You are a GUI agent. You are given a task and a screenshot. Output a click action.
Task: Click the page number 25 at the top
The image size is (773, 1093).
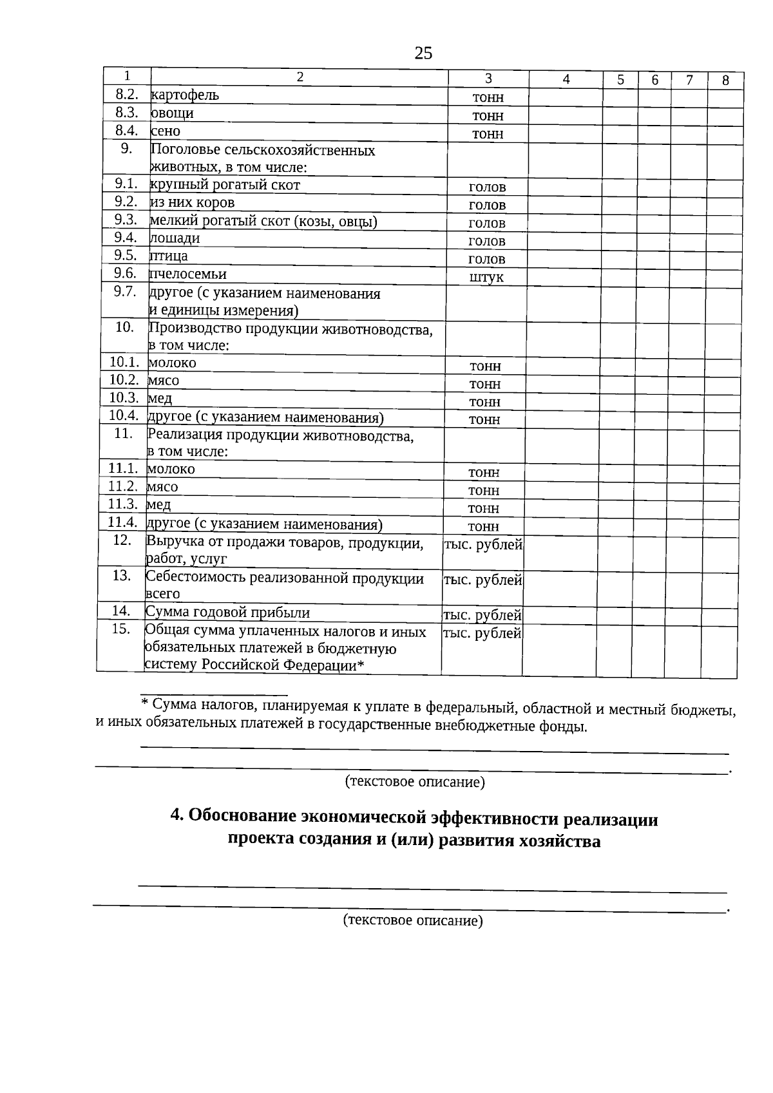coord(423,53)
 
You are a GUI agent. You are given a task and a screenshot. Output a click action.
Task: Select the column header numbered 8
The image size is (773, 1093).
coord(725,81)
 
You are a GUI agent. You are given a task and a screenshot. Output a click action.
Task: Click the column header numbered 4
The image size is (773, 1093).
coord(566,79)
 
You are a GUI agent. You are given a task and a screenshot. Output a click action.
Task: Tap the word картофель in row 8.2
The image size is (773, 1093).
coord(185,95)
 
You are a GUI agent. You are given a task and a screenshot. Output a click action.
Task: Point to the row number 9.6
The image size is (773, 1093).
coord(126,273)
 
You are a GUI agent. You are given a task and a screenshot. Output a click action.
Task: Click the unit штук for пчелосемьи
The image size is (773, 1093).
coord(486,278)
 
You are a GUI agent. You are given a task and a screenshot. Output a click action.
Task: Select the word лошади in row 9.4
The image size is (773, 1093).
coord(175,238)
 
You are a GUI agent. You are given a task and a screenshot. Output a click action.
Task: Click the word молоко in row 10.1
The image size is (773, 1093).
coord(172,363)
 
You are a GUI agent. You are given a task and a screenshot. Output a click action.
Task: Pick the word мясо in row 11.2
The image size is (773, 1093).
coord(162,487)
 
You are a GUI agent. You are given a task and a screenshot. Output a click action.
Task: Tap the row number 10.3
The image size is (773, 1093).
coord(124,397)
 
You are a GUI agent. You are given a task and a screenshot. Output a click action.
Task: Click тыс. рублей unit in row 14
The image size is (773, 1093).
coord(482,615)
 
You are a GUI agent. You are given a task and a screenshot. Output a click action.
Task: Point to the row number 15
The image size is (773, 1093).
coord(121,629)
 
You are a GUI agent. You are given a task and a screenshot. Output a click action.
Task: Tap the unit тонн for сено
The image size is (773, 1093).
coord(488,134)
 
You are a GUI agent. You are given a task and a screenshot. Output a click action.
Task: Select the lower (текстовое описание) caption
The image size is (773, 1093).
coord(413,920)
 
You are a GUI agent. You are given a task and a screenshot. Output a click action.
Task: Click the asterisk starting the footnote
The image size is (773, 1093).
coord(145,703)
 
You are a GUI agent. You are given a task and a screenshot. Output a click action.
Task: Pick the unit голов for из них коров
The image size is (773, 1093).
coord(487,205)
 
